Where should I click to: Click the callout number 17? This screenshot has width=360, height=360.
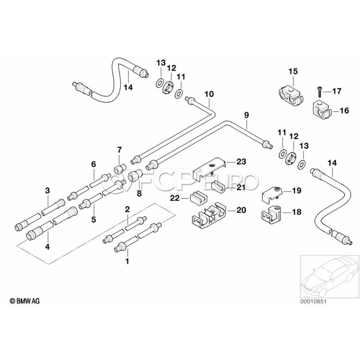(337, 91)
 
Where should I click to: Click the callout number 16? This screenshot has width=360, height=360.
(344, 111)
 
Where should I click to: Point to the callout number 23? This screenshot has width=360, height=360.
(241, 162)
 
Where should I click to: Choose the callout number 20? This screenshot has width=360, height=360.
(241, 210)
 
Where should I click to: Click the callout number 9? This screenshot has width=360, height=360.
(247, 115)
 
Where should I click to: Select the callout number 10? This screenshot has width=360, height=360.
(209, 94)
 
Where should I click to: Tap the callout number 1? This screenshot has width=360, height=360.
(127, 262)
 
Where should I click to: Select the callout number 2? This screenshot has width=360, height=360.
(127, 209)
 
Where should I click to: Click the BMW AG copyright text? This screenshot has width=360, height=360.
(25, 300)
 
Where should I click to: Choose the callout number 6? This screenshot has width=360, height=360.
(94, 164)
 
